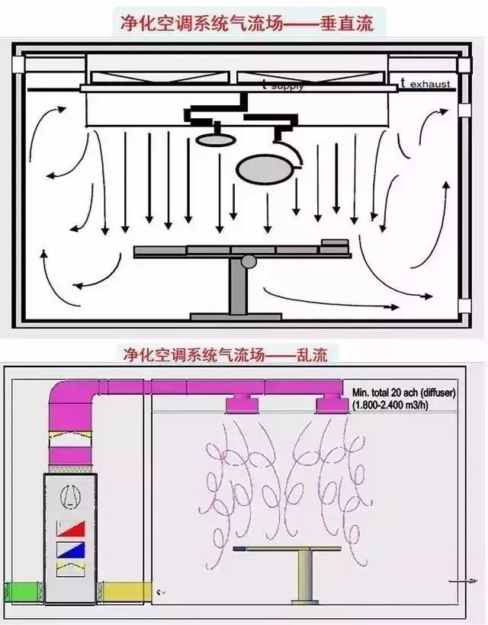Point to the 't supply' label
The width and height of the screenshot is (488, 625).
[x=282, y=85]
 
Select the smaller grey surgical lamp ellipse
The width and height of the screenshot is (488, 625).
[x=213, y=139]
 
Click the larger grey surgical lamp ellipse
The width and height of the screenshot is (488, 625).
[x=263, y=169]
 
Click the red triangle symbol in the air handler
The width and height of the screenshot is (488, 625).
[x=72, y=528]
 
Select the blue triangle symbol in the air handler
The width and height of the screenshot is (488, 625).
[x=72, y=549]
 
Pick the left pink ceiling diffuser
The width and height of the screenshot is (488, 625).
[x=242, y=402]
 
